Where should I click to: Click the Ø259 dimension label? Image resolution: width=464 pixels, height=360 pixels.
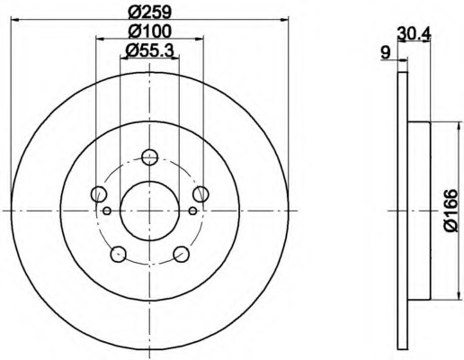(149, 12)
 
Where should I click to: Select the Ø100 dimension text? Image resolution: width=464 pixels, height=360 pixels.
(149, 31)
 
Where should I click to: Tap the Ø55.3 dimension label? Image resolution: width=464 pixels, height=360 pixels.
(149, 50)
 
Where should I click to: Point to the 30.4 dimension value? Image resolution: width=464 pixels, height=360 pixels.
(414, 33)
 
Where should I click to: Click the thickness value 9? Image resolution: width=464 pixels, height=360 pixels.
(386, 53)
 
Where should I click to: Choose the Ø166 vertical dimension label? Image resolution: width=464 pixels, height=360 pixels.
(451, 211)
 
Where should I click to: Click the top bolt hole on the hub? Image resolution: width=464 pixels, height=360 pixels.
(149, 157)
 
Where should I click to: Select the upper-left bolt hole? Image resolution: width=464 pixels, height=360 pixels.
(98, 193)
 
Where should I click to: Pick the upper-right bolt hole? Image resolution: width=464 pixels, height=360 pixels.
(201, 193)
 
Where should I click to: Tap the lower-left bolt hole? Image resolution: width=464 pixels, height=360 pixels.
(118, 254)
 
